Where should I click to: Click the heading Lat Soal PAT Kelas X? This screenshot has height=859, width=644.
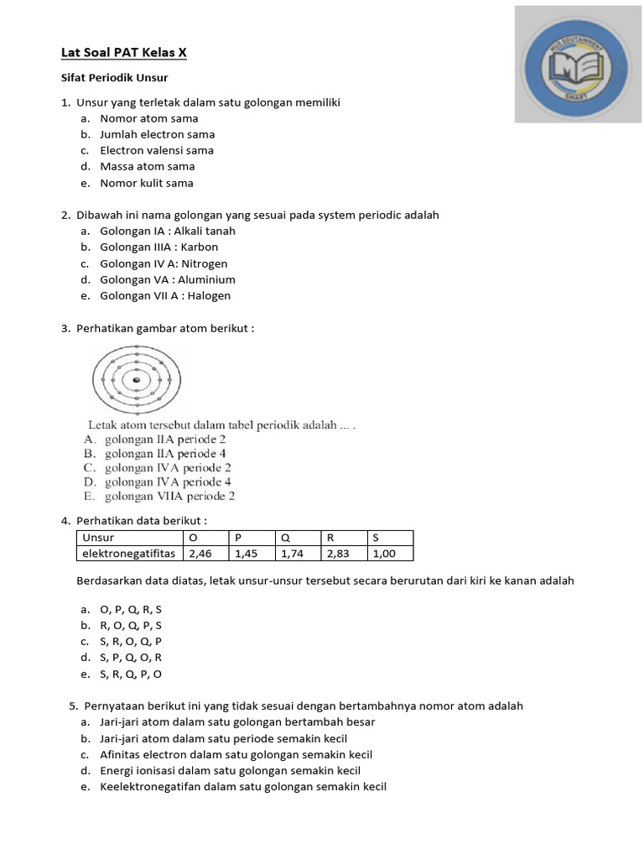pyautogui.click(x=124, y=53)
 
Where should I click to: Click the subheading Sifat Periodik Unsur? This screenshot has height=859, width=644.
pyautogui.click(x=114, y=78)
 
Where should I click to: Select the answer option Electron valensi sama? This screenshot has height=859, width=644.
pyautogui.click(x=156, y=150)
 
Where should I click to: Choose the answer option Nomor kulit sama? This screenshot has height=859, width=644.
pyautogui.click(x=146, y=183)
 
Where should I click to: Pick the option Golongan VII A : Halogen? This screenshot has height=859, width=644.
pyautogui.click(x=164, y=295)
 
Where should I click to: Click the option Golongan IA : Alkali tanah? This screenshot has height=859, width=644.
pyautogui.click(x=167, y=231)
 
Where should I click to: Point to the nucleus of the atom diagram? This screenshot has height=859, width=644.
pyautogui.click(x=135, y=381)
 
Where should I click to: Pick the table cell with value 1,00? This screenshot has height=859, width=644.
pyautogui.click(x=390, y=554)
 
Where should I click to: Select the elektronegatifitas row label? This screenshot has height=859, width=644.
pyautogui.click(x=129, y=554)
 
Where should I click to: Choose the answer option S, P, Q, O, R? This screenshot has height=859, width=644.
pyautogui.click(x=131, y=658)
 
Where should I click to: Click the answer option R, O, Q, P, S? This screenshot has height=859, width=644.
pyautogui.click(x=131, y=625)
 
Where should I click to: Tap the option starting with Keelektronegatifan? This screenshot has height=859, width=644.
pyautogui.click(x=243, y=786)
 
